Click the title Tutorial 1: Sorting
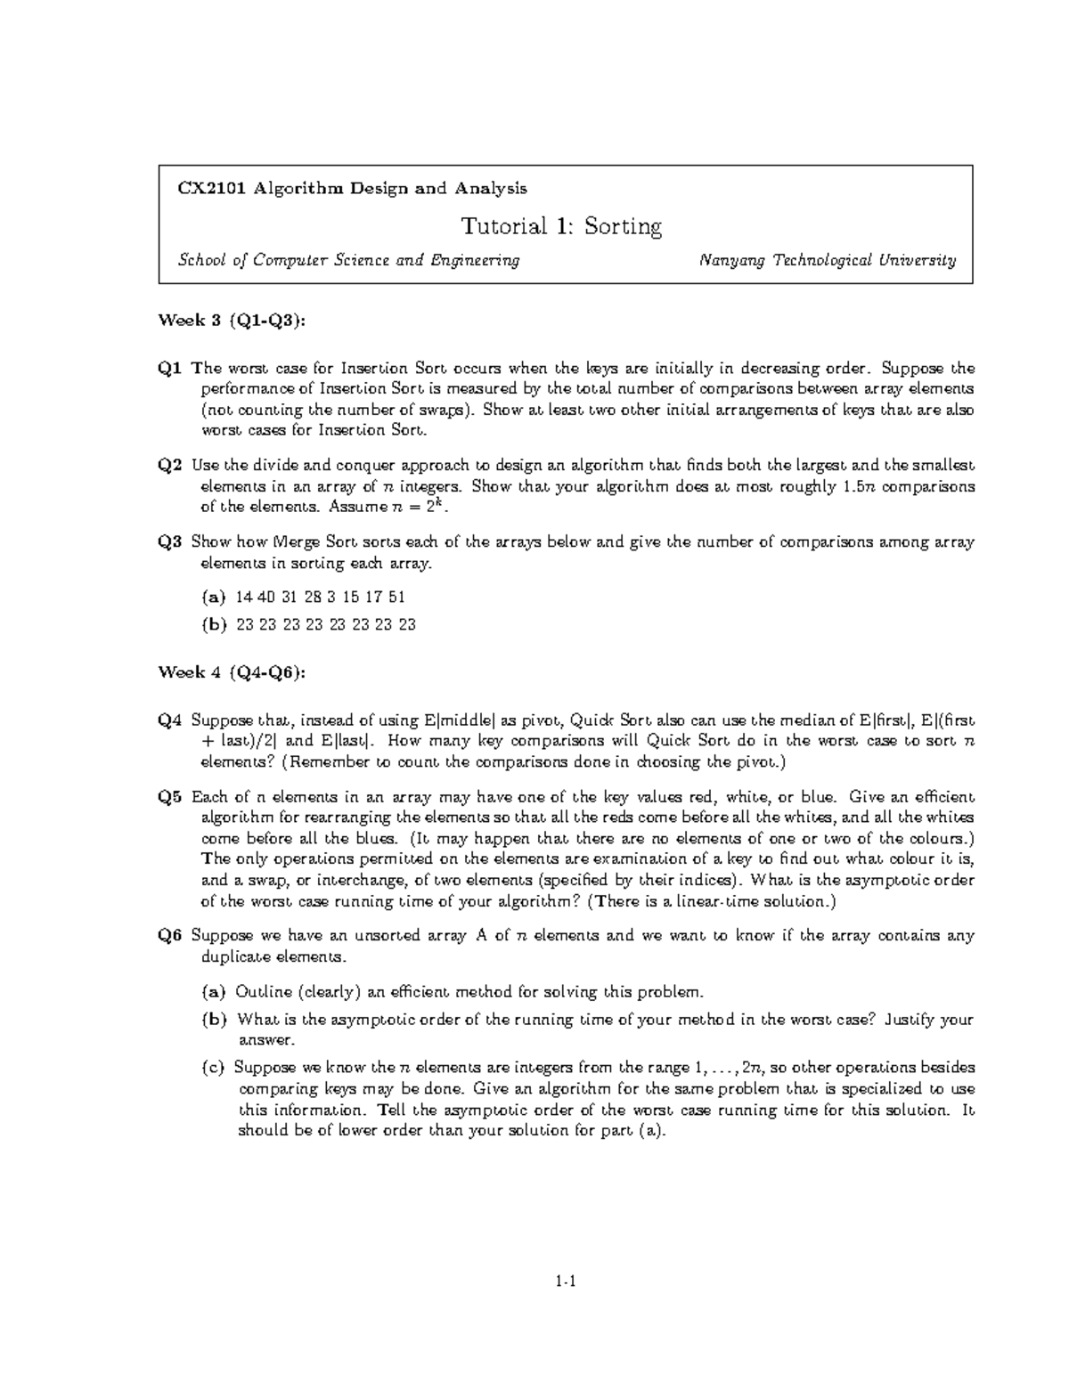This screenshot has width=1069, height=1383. tap(561, 226)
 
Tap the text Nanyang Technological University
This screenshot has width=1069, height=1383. tap(828, 261)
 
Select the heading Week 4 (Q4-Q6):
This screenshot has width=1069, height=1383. tap(231, 672)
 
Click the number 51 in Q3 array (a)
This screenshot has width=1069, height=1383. tap(396, 597)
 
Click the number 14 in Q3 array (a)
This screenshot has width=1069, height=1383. tap(244, 597)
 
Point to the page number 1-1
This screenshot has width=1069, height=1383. tap(566, 1282)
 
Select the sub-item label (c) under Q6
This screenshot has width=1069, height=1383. tap(214, 1067)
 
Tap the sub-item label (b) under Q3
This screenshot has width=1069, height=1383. tap(215, 624)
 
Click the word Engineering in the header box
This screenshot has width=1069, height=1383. tap(476, 261)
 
